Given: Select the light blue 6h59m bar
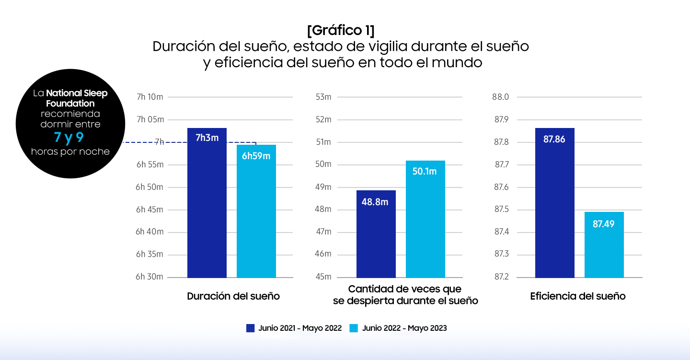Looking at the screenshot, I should point(256,211).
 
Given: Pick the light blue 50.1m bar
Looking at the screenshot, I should point(425,219).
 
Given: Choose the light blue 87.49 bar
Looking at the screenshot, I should point(604,244).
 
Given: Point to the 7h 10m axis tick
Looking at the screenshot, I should point(149,97).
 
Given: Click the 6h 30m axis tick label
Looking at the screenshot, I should point(149,277).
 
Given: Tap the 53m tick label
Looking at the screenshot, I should point(323,97).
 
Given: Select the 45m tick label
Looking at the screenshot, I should point(323,277).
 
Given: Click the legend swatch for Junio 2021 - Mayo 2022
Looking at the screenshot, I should point(250,328).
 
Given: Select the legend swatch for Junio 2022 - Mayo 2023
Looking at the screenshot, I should point(354,328).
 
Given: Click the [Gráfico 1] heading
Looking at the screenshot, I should point(341,30).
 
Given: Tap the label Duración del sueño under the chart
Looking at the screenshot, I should point(233,296).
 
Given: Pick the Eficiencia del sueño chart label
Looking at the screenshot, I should point(578,296).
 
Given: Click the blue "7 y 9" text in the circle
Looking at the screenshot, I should point(69,138).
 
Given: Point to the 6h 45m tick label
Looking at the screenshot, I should point(149,209).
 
